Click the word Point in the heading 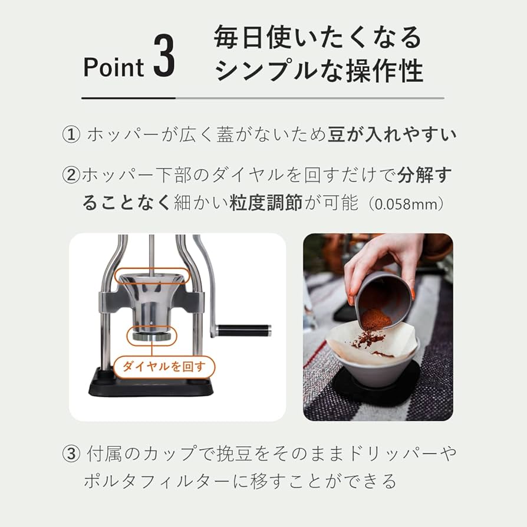click(113, 68)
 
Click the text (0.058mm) click(407, 204)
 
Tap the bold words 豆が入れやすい click(391, 135)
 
